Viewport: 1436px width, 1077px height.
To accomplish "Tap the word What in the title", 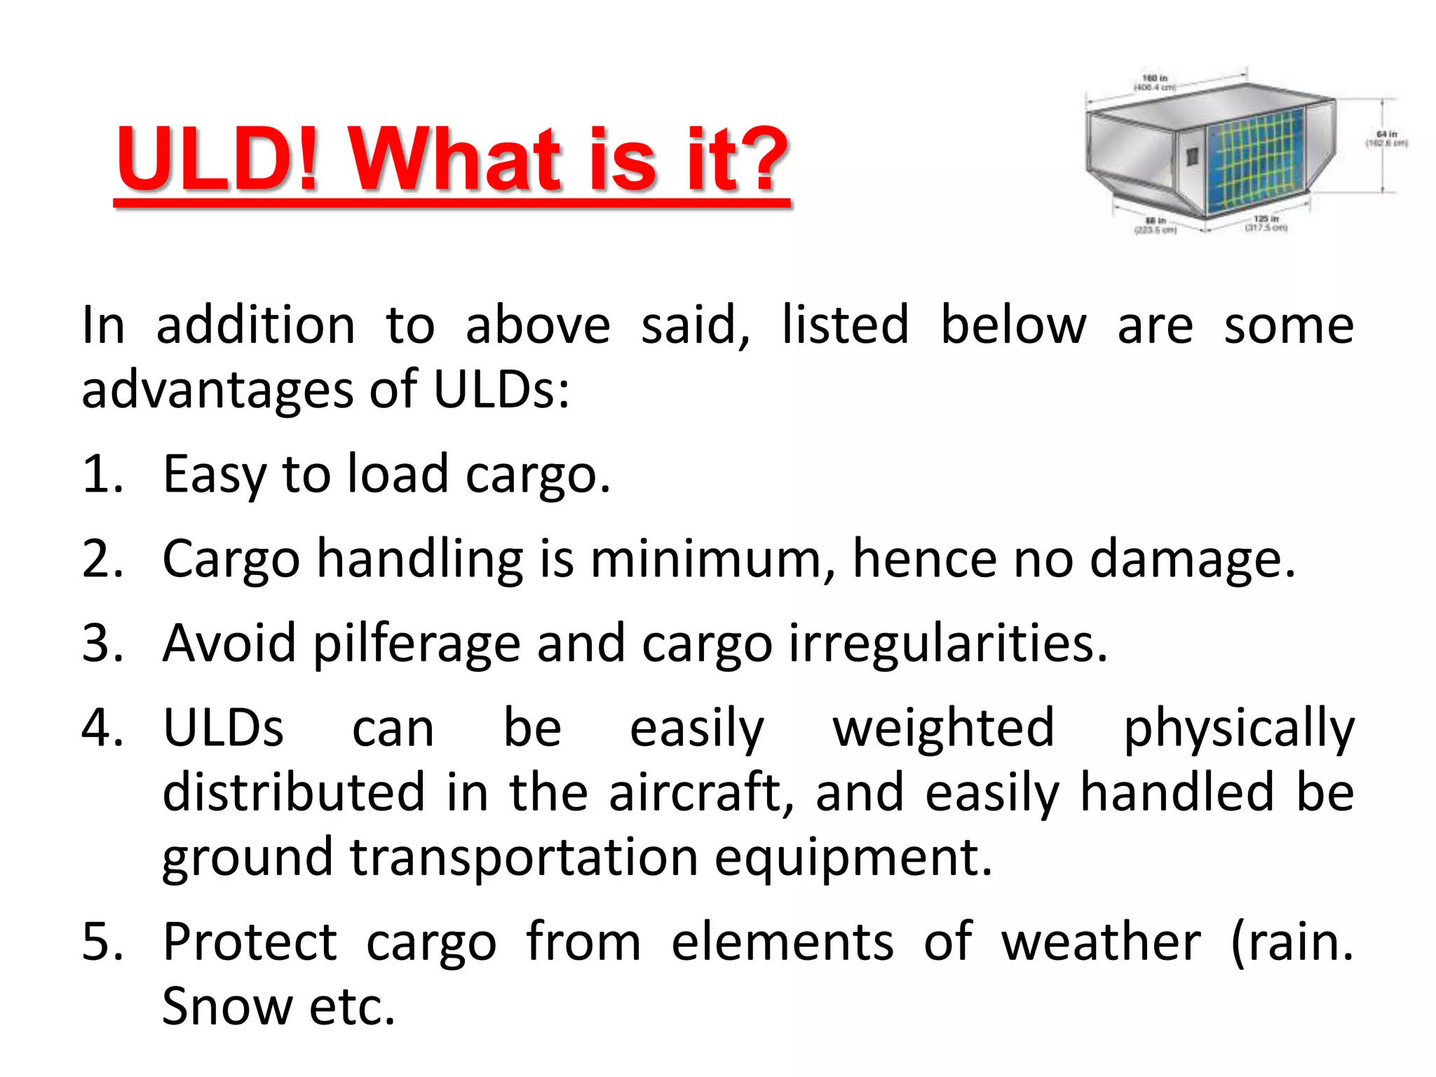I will pos(456,160).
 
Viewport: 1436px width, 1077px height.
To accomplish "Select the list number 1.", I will pos(102,475).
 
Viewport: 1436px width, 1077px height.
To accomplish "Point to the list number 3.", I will pos(102,643).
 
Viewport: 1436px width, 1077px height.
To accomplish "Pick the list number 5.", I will pos(102,942).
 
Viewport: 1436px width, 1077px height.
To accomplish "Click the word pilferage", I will pos(416,644).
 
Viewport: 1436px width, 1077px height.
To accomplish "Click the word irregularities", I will pos(947,644).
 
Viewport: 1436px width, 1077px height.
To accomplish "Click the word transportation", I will pos(524,858).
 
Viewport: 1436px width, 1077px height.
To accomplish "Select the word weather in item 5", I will pos(1100,942).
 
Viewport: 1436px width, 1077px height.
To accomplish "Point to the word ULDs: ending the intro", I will pos(501,390).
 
